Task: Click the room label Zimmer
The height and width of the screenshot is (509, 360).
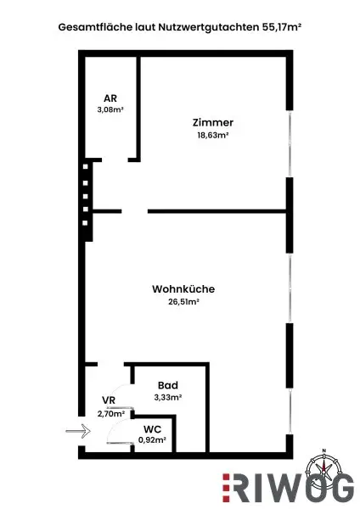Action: click(212, 122)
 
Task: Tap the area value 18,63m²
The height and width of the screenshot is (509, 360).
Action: click(212, 134)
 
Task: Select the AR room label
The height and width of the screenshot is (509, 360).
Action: click(110, 98)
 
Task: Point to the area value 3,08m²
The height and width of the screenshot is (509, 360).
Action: click(110, 109)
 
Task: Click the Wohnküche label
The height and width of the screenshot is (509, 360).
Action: click(183, 288)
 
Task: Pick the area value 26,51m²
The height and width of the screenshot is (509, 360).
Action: click(183, 300)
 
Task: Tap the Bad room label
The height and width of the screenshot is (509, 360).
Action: click(167, 385)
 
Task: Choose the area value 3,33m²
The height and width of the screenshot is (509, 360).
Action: click(167, 396)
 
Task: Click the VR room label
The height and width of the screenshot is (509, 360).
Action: click(109, 400)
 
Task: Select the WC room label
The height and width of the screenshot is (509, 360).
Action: click(152, 429)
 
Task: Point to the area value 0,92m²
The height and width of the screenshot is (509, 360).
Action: click(152, 440)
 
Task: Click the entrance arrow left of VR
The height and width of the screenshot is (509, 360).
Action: click(77, 431)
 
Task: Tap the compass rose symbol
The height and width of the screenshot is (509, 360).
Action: click(323, 467)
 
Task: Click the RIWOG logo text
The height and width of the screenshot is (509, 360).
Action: click(294, 490)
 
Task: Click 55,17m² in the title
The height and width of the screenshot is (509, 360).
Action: click(279, 27)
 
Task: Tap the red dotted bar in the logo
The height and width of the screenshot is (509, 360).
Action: click(226, 490)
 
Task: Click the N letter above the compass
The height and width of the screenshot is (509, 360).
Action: click(323, 450)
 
